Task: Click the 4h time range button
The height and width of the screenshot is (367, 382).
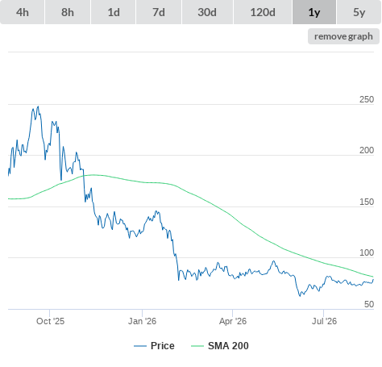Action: (x=23, y=12)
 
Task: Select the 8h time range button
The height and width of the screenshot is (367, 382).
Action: (x=68, y=12)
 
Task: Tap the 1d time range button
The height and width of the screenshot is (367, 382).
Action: (x=114, y=12)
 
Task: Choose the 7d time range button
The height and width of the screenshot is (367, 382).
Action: (x=159, y=12)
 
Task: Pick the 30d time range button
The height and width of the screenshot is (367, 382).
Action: (x=207, y=12)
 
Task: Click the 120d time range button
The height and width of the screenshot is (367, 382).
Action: (x=263, y=12)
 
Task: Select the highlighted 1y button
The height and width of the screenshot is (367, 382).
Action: (x=314, y=12)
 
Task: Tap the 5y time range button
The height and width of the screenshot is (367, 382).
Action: (x=359, y=12)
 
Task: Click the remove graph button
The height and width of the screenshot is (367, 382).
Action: (x=343, y=36)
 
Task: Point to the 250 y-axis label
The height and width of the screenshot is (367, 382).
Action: (x=367, y=99)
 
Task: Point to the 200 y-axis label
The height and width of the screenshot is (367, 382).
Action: (x=367, y=150)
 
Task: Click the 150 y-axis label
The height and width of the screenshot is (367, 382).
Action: (x=367, y=202)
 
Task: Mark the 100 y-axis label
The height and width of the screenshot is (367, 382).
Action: (x=367, y=252)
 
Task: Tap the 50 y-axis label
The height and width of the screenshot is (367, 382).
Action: (x=369, y=304)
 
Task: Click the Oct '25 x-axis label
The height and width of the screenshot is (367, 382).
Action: (x=51, y=321)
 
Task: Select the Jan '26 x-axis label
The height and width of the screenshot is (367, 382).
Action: (x=142, y=321)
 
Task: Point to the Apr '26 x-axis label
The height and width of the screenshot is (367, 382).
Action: (x=233, y=321)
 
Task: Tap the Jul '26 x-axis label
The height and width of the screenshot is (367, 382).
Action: (x=324, y=321)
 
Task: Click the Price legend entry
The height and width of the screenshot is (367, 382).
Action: (x=154, y=346)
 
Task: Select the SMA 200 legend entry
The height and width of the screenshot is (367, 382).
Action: (x=220, y=346)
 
